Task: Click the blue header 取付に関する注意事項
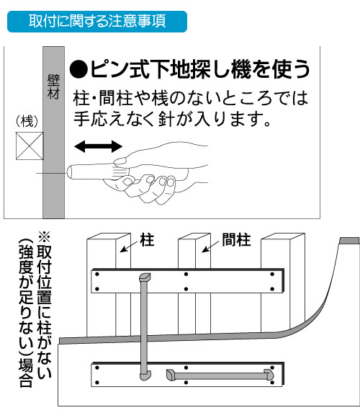[97, 22]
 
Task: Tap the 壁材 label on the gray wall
[53, 86]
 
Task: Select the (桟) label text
[27, 122]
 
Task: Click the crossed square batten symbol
[30, 146]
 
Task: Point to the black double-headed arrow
[98, 146]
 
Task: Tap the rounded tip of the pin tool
[70, 172]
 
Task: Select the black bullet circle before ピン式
[78, 70]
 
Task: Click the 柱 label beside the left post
[148, 240]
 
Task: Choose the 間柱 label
[236, 240]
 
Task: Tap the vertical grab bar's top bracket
[145, 277]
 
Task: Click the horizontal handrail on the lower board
[220, 375]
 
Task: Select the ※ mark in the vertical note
[44, 236]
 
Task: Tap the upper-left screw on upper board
[97, 274]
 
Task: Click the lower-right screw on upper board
[272, 289]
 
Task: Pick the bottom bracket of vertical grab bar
[145, 375]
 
